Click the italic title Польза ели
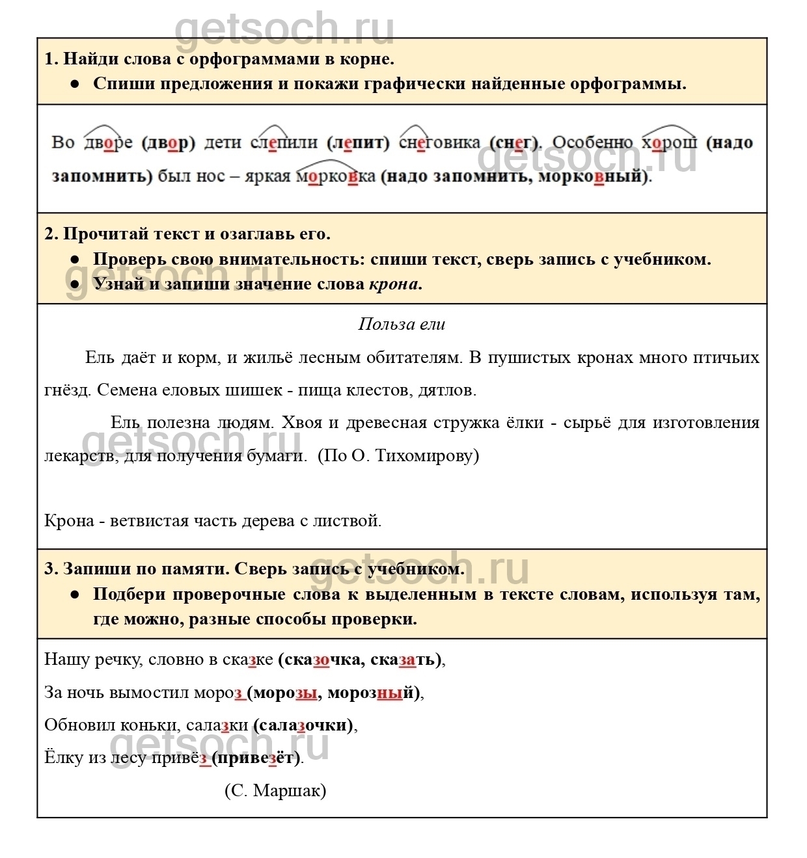(x=402, y=324)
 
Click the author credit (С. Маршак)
(x=275, y=790)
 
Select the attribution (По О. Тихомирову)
(x=398, y=455)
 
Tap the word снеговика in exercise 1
(x=439, y=142)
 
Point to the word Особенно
(x=592, y=142)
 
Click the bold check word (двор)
(x=168, y=142)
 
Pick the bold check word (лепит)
(x=359, y=142)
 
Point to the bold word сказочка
(x=320, y=660)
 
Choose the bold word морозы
(x=284, y=693)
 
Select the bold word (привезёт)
(x=257, y=758)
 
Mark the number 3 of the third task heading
(x=49, y=569)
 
